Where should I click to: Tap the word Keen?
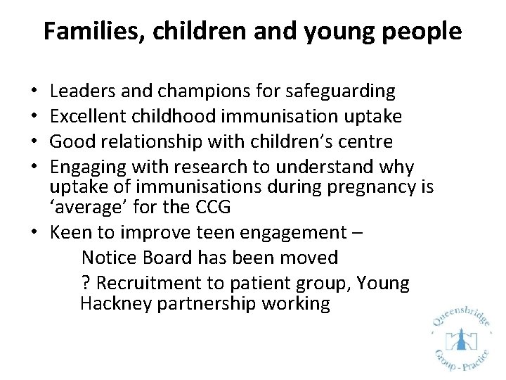(x=70, y=233)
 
